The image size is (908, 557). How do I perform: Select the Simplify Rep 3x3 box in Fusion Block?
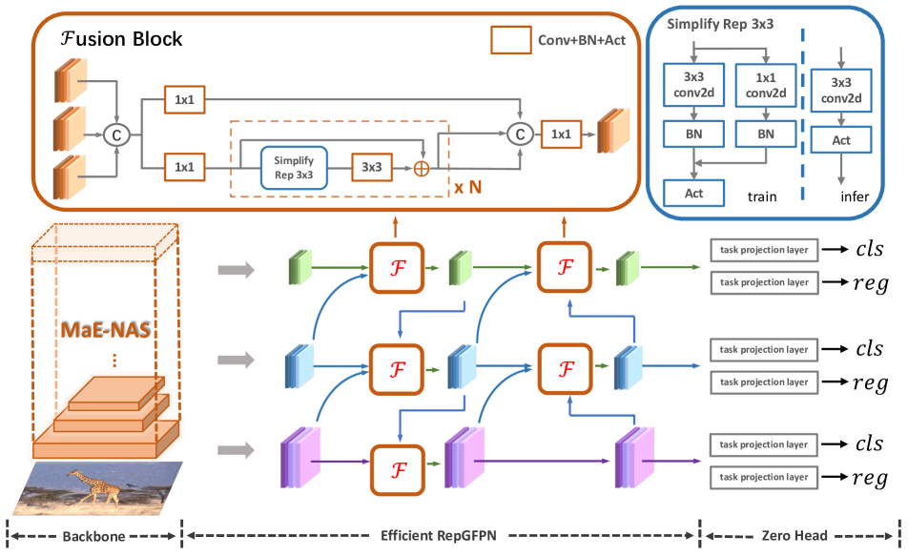[294, 167]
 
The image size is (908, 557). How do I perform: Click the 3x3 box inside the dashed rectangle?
[371, 167]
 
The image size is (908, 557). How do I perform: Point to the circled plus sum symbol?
[419, 168]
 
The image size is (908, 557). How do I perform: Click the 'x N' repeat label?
[466, 187]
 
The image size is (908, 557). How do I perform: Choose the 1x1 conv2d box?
[765, 85]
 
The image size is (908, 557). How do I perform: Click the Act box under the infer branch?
[840, 141]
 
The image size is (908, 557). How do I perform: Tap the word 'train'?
[760, 196]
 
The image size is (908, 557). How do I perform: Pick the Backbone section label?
[93, 536]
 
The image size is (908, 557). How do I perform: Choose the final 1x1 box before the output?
[562, 134]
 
